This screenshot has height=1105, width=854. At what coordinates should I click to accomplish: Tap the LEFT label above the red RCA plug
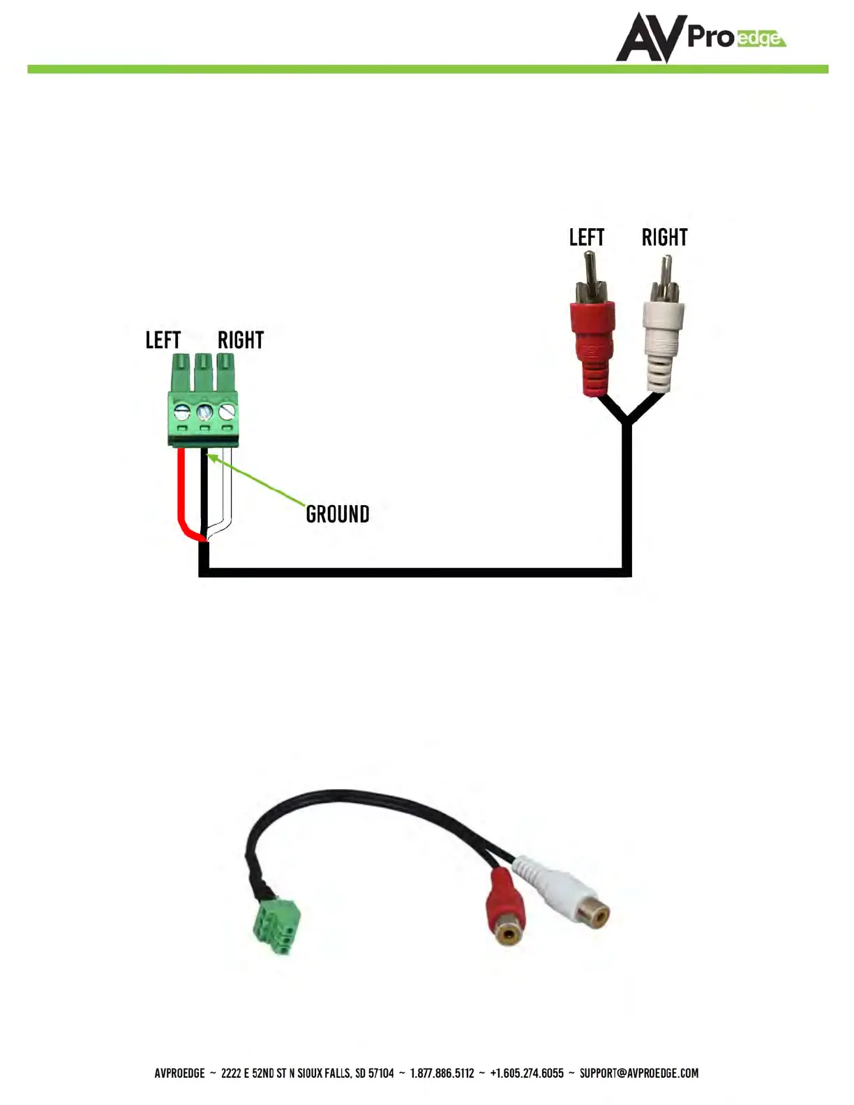click(x=586, y=238)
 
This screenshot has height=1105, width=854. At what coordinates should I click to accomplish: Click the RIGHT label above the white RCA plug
click(x=664, y=238)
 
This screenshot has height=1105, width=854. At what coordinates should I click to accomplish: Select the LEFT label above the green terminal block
click(x=163, y=340)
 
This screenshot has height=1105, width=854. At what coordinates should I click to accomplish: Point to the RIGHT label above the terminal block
click(x=241, y=340)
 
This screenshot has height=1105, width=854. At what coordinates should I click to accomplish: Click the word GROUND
click(x=338, y=514)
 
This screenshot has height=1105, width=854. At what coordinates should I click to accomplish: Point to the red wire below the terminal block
click(x=181, y=488)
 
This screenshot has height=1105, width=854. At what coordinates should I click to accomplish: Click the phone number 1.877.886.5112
click(x=442, y=1073)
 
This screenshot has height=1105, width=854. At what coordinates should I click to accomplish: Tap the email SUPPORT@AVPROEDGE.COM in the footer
click(x=638, y=1073)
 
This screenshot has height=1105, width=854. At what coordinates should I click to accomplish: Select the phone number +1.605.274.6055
click(x=527, y=1073)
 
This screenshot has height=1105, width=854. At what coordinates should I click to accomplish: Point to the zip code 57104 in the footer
click(x=382, y=1073)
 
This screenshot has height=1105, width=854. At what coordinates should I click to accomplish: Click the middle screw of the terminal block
click(x=204, y=411)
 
